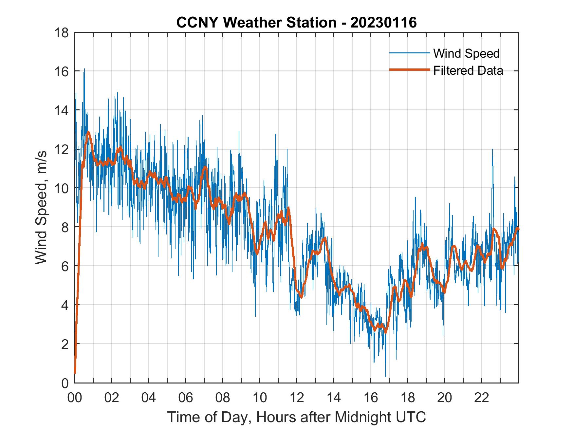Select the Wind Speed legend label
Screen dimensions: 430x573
coord(466,53)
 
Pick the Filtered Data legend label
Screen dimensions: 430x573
coord(468,70)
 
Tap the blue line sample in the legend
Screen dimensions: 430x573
coord(409,53)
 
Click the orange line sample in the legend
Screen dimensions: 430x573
coord(409,70)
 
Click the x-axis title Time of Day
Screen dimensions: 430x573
coord(296,417)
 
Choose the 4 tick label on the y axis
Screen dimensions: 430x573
coord(65,305)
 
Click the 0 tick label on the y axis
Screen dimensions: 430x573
coord(65,383)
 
